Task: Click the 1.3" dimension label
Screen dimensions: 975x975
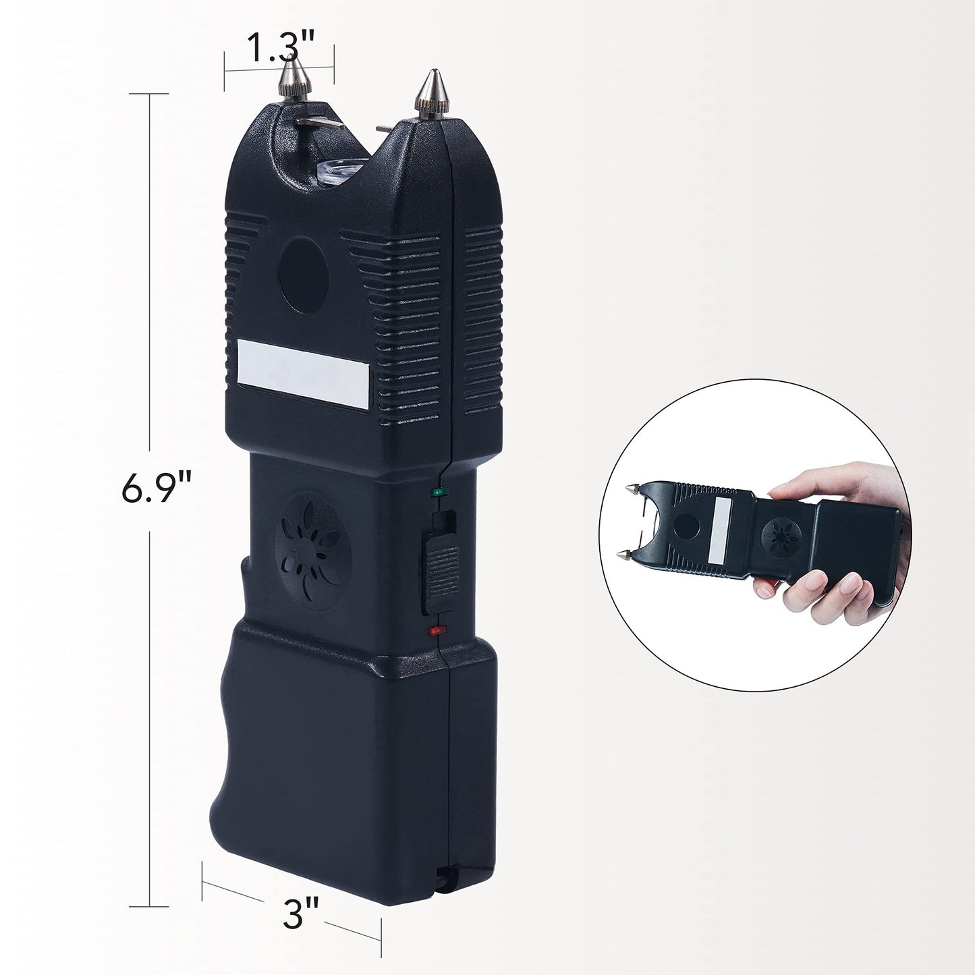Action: pyautogui.click(x=280, y=47)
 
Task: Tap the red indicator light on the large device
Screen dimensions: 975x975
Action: pyautogui.click(x=435, y=630)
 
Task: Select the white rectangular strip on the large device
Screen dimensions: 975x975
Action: pyautogui.click(x=304, y=374)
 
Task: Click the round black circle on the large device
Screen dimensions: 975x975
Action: pyautogui.click(x=304, y=276)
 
